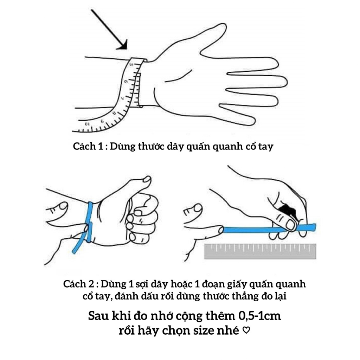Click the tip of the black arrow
[x=125, y=48]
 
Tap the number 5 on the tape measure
[x=131, y=65]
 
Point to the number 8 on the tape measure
[x=114, y=114]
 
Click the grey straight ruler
[x=260, y=251]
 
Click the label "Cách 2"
[x=78, y=284]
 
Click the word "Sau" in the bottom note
[x=97, y=316]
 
